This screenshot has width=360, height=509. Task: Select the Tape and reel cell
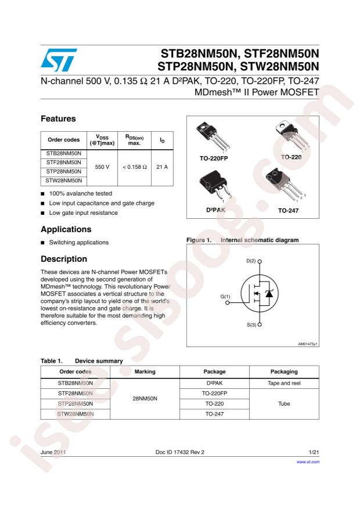click(284, 382)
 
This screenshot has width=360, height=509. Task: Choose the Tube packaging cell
click(284, 403)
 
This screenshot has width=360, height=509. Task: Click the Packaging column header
click(284, 371)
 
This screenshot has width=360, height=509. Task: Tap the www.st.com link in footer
click(308, 461)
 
